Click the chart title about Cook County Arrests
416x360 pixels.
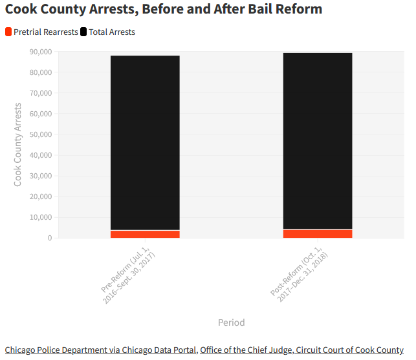(x=164, y=10)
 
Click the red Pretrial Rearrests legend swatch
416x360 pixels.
(x=8, y=32)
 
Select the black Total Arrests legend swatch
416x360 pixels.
(x=83, y=32)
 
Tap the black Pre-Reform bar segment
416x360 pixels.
(x=145, y=142)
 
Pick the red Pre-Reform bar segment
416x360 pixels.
(x=145, y=234)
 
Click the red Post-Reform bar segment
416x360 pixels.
(x=318, y=233)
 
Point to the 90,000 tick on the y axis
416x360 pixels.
(x=41, y=52)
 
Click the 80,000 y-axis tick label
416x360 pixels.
(x=41, y=72)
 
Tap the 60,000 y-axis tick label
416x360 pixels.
(x=41, y=114)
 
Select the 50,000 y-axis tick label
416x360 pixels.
(x=41, y=134)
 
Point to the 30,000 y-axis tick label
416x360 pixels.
(x=41, y=176)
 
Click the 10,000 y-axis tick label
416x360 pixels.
(x=41, y=217)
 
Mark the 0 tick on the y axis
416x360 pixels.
(x=49, y=238)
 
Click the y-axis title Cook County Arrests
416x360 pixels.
(x=18, y=145)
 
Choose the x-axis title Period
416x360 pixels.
(x=231, y=322)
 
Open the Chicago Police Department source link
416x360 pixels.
(x=100, y=350)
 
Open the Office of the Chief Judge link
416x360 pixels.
(x=301, y=350)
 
